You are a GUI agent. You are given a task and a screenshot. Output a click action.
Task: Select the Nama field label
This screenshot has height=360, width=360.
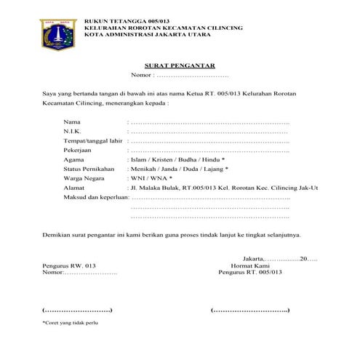point(72,121)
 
